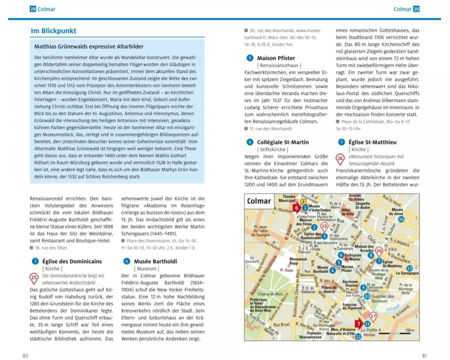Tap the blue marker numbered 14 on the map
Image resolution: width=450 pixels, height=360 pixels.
[401, 219]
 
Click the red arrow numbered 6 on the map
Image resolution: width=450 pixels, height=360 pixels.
[297, 207]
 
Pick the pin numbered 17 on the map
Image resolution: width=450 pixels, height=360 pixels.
[373, 316]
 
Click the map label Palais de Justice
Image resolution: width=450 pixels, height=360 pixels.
[329, 288]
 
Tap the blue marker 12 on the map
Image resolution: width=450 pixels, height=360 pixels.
[358, 336]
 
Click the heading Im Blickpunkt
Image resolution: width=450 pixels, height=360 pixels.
[53, 31]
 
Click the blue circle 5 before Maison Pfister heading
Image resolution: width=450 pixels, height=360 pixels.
[250, 58]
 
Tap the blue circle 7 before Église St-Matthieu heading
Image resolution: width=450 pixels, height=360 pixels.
[341, 142]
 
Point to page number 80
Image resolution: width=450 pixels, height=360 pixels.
[26, 355]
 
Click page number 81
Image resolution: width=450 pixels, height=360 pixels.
[424, 355]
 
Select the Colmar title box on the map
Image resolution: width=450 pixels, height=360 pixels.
[259, 201]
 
